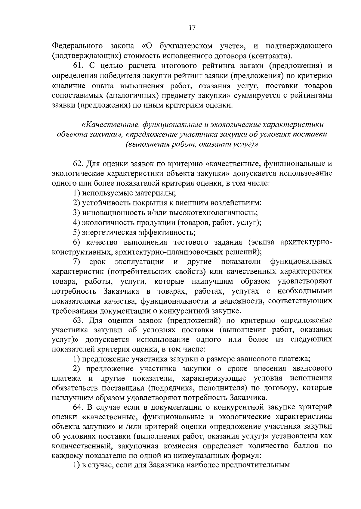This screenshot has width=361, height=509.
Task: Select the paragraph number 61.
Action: (79, 66)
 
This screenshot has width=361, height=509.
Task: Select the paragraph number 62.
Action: (79, 164)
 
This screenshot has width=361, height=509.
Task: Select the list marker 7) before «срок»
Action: (76, 261)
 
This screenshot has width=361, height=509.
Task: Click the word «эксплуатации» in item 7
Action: (139, 261)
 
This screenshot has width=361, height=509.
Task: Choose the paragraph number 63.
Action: (79, 320)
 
